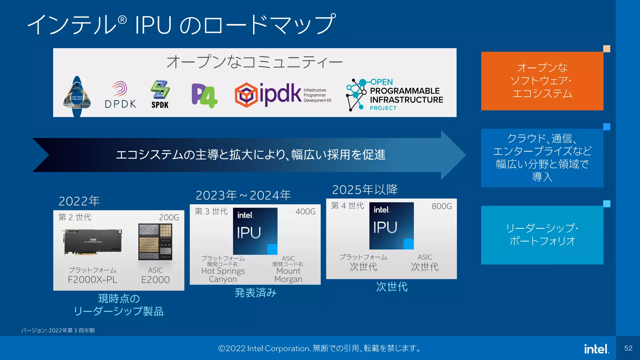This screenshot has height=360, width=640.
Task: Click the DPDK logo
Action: tap(120, 95)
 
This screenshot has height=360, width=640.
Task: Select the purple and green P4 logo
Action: tap(204, 96)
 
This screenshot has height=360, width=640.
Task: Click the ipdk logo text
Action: tap(280, 94)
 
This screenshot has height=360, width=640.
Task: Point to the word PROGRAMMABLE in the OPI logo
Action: tap(405, 91)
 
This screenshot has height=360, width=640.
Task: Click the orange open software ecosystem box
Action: tap(542, 81)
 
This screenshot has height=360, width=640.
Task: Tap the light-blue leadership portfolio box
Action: tap(542, 235)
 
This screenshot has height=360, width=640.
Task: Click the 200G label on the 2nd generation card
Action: tap(169, 217)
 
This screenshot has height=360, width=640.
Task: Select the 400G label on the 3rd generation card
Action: tap(305, 212)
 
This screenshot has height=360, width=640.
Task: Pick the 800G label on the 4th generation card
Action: tap(442, 206)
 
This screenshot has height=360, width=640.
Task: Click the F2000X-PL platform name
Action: tap(92, 280)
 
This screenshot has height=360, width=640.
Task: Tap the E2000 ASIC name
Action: tap(155, 280)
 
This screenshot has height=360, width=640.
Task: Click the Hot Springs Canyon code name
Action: tap(223, 275)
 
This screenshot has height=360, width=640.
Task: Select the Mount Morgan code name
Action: tap(288, 275)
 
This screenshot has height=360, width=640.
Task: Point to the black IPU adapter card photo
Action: tap(93, 242)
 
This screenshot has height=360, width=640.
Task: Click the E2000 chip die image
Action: tap(155, 242)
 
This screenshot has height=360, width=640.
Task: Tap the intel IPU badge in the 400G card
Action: tap(255, 231)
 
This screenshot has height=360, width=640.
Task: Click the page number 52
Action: tap(628, 348)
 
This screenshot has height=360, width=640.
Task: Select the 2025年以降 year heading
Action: tap(365, 190)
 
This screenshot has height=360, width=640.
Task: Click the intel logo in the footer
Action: tap(596, 349)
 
